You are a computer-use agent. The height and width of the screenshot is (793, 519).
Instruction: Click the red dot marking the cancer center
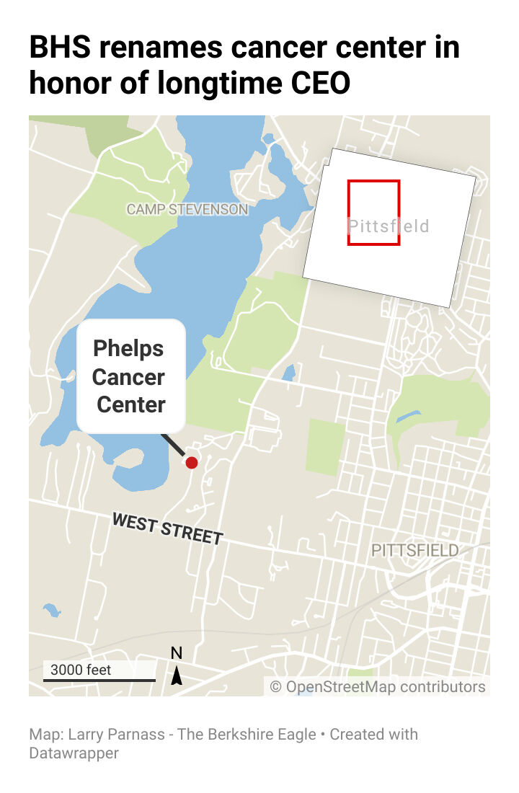coord(191,462)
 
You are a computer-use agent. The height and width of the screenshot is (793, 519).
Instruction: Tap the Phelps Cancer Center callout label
coord(130,376)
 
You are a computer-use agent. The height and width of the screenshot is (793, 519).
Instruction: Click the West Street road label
coord(167,529)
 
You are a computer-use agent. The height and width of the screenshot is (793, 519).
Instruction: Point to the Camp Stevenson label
coord(187,210)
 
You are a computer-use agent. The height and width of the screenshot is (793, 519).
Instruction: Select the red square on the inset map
coord(373,213)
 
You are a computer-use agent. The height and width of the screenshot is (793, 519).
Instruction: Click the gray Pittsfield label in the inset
coord(389,226)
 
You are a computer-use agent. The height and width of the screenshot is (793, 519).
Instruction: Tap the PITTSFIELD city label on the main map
coord(414,551)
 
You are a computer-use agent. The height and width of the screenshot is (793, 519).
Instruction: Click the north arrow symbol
coord(177,676)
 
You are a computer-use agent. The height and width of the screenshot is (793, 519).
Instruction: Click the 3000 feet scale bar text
coord(81,670)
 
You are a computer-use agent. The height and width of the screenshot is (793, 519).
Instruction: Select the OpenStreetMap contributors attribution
coord(378,686)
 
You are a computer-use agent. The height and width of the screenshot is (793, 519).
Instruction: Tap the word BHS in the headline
coord(61,48)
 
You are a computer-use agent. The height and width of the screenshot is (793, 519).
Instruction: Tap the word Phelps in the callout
coord(129,349)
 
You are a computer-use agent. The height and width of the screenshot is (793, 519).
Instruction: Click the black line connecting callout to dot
coord(173,444)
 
